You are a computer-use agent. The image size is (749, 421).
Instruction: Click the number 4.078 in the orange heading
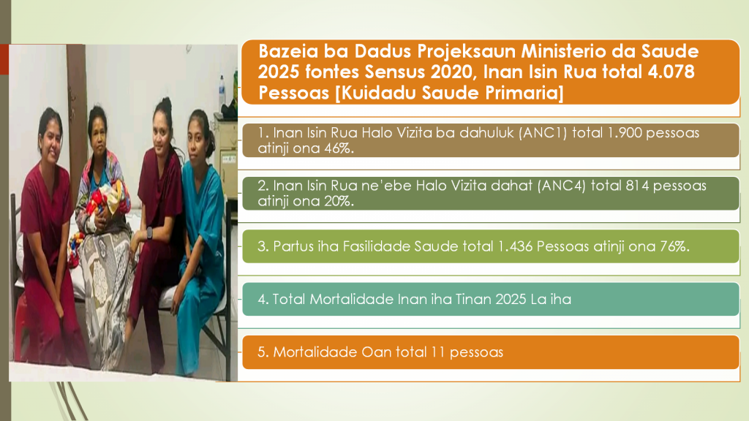coord(671,72)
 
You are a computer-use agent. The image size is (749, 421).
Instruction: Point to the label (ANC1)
coord(543,133)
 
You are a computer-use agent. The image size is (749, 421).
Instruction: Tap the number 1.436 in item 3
coord(515,246)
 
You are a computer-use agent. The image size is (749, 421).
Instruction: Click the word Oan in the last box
coord(376,352)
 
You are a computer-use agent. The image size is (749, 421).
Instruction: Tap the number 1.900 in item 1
coord(625,133)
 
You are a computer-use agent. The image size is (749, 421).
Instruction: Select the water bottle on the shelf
coord(222,93)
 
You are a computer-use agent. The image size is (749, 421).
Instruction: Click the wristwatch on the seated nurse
coord(149,233)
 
